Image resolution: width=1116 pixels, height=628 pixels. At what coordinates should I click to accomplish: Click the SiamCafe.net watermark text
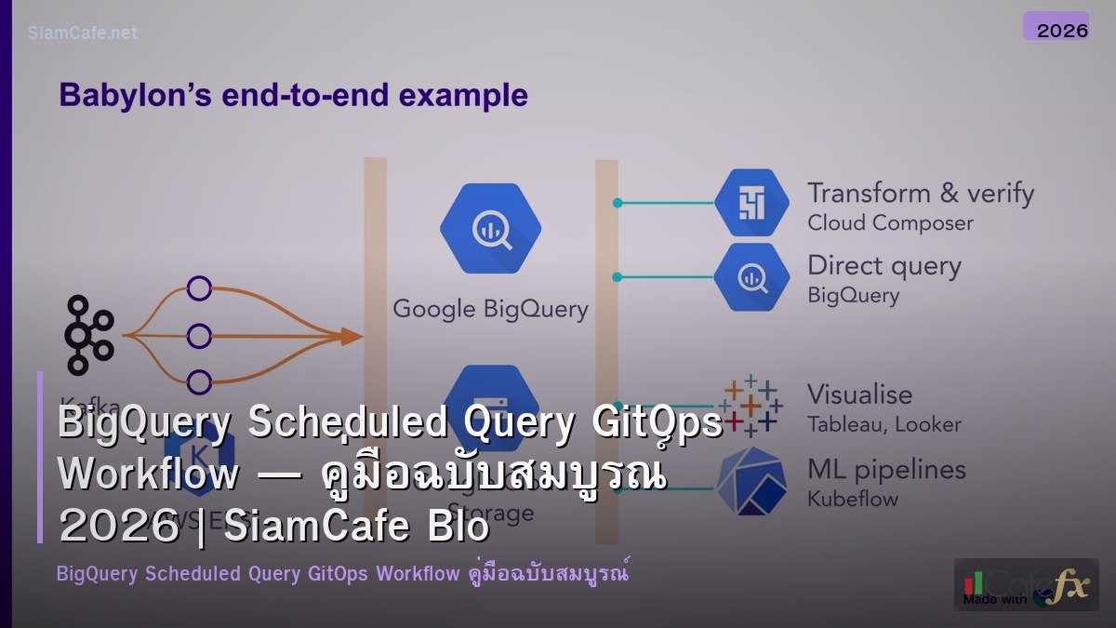[83, 33]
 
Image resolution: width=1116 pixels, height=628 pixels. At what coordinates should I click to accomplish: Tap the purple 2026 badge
[1056, 27]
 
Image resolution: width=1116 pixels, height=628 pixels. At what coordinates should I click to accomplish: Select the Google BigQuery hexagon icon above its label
[490, 228]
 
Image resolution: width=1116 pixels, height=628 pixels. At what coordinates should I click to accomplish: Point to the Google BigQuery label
[490, 309]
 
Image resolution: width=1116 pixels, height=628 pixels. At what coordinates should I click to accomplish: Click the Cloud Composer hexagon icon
[751, 203]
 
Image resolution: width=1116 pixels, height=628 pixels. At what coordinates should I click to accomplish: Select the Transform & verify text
[920, 194]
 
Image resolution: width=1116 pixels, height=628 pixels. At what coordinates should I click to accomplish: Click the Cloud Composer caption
[890, 223]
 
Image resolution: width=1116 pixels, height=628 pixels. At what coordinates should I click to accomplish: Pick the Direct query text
[883, 266]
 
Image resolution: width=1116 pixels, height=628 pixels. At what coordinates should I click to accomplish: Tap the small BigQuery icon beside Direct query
[751, 276]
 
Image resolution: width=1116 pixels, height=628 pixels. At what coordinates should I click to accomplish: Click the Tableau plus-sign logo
[751, 406]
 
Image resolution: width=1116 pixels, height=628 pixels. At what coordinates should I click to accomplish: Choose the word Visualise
[859, 394]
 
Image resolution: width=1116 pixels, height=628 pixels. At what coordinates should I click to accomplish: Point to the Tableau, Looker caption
[883, 424]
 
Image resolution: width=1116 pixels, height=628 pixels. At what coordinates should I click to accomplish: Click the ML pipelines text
[885, 470]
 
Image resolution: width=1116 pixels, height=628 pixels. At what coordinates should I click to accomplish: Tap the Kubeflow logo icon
[751, 480]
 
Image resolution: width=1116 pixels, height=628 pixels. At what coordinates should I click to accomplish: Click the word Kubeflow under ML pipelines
[853, 499]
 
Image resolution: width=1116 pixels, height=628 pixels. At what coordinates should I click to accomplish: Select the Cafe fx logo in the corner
[1026, 585]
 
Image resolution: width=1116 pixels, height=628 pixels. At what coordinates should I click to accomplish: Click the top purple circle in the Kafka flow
[199, 288]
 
